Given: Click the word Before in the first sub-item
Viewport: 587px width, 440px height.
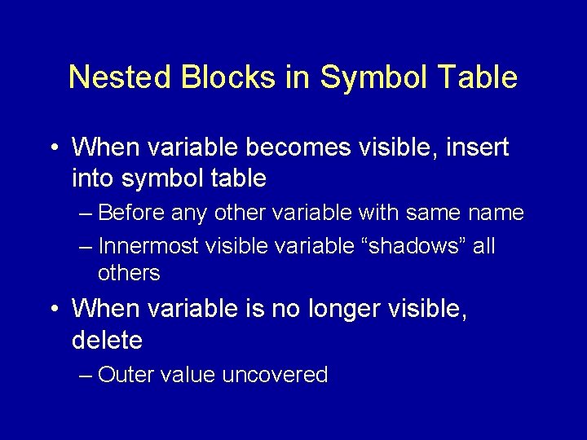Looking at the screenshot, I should coord(133,213).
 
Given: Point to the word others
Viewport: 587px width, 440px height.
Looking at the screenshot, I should coord(129,274).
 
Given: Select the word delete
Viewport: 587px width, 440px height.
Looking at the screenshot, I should coord(107,340).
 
